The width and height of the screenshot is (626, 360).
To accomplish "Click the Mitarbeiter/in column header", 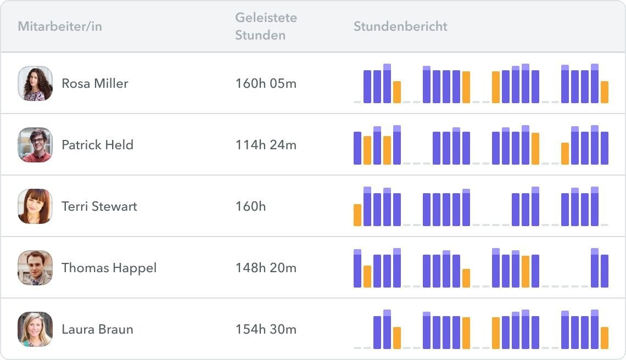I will pos(60,26).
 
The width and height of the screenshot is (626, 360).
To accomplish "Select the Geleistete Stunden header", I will pos(266,26).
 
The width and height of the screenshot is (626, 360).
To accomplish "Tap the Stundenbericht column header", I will pos(400,26).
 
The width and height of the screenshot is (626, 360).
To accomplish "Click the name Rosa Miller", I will pos(95,83).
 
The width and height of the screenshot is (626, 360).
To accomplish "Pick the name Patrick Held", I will pos(97,145).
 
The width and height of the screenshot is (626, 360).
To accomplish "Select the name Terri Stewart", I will pos(99,206).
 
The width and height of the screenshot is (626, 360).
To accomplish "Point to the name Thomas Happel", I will pos(109,268).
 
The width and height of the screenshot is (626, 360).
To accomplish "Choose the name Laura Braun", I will pos(97,329).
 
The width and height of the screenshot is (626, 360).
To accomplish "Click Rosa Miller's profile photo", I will pos(35,83).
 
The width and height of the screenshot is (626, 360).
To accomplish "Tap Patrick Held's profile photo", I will pos(35,145).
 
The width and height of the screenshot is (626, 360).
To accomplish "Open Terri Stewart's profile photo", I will pos(35,206).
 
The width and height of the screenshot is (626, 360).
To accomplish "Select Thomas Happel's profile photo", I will pos(35,268).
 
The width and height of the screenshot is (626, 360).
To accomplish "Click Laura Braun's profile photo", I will pos(35,329).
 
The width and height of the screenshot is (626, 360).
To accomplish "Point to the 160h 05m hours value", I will pos(266,83).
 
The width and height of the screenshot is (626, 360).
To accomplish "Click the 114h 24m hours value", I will pos(266,145).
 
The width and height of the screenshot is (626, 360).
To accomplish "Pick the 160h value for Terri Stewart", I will pos(250,206).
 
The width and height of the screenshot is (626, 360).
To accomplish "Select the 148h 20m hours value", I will pos(266,268).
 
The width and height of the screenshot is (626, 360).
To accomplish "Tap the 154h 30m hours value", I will pos(266,329).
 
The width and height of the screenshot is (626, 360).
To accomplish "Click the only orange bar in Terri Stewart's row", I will pos(357,215).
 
